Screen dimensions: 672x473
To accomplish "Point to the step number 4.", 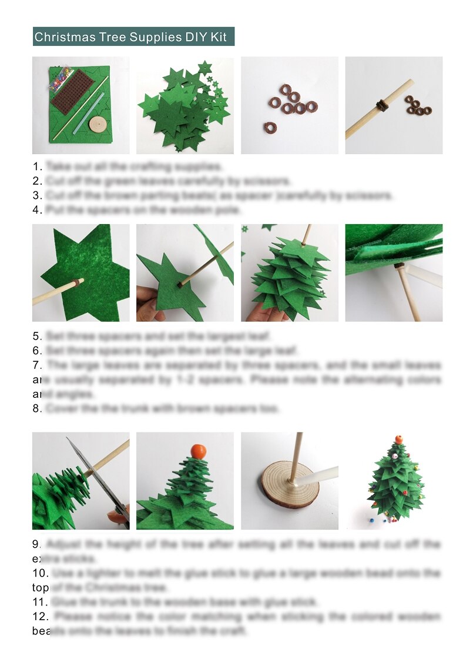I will (37, 209).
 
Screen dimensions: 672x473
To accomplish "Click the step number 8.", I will (37, 408).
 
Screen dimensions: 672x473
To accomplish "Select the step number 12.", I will (41, 617).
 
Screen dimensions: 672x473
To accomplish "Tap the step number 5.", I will (37, 337).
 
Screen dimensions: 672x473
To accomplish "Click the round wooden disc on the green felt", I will (97, 124).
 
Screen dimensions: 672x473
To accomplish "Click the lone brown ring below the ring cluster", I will (270, 127).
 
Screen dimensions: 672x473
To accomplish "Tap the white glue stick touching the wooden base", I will (320, 475).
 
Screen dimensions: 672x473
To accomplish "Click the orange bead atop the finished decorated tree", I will (398, 439).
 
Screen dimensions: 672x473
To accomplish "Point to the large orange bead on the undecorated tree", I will (198, 451).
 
